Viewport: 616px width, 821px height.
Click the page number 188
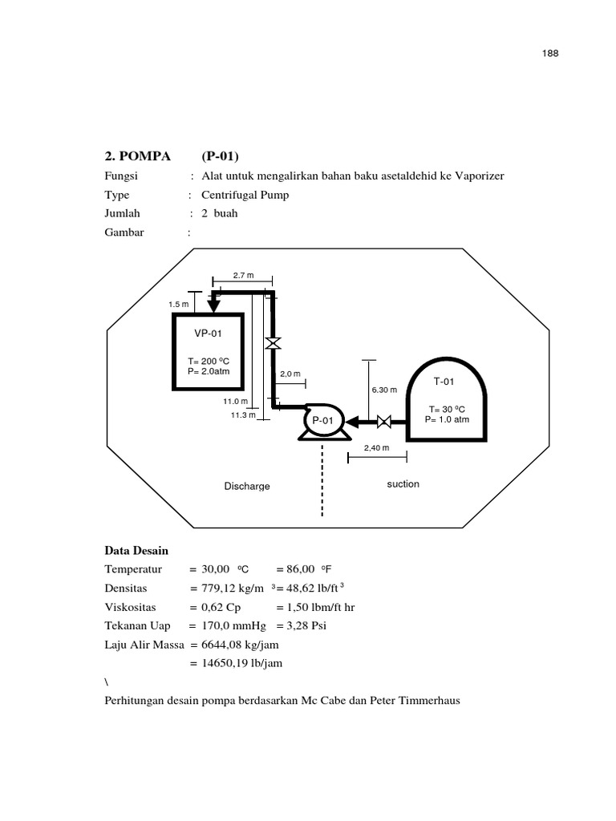click(549, 54)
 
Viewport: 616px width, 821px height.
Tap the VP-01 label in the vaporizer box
click(208, 334)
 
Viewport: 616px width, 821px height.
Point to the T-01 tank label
click(444, 382)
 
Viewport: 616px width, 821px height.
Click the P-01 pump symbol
click(323, 422)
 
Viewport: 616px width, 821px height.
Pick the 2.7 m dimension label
click(243, 276)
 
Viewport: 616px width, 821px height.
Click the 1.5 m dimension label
click(178, 305)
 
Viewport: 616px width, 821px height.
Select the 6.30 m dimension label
click(384, 390)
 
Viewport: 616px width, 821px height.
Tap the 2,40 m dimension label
click(377, 448)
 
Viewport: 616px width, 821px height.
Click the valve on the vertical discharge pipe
click(273, 343)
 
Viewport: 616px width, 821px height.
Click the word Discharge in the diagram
click(247, 487)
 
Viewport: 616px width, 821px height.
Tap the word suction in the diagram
click(403, 484)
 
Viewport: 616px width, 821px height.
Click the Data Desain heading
click(136, 550)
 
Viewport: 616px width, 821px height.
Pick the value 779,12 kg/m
click(233, 588)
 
